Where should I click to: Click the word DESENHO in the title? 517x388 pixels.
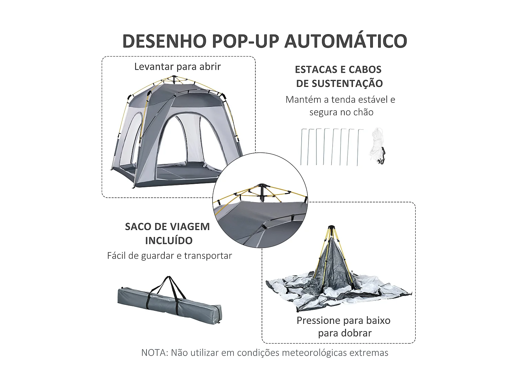[x=164, y=41]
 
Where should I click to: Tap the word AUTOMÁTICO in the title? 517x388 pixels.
[x=346, y=41]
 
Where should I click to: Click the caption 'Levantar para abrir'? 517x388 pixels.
[x=177, y=67]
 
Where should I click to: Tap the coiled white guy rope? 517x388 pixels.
[x=376, y=145]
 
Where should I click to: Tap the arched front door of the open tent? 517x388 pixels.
[x=184, y=141]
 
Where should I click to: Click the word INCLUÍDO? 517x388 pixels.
[x=169, y=241]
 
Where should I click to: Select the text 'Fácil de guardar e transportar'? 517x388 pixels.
[x=169, y=256]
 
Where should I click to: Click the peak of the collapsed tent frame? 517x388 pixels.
[x=331, y=228]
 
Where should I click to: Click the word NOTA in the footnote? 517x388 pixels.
[x=154, y=353]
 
